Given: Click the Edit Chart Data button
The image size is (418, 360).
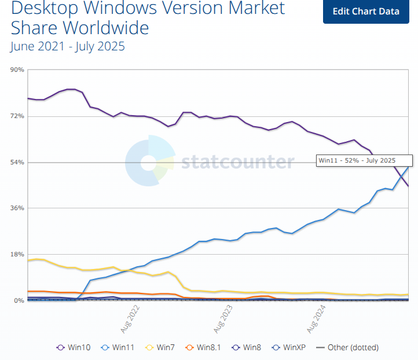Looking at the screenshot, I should point(366,12).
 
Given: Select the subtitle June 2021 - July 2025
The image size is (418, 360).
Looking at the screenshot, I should point(68,46).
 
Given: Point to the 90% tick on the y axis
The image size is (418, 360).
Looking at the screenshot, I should point(17,70).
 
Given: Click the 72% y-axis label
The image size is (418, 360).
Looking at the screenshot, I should point(17,116).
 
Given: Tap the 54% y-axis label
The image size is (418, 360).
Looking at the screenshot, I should point(17,162).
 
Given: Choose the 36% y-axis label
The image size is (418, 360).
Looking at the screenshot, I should point(17,208).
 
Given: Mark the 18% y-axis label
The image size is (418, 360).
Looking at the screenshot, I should point(17,255).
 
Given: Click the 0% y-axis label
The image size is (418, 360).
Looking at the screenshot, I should point(19,300).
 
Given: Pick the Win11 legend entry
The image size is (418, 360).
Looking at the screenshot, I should point(119,347).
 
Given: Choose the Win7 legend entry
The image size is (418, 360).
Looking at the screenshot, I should point(160,347).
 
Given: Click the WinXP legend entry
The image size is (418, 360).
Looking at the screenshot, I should point(288,347).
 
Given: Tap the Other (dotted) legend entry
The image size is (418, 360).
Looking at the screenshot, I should point(347,347).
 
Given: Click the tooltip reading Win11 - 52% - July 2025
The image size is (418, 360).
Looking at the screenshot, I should point(364,160).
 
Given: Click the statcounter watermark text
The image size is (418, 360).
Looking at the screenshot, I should point(237,162).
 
